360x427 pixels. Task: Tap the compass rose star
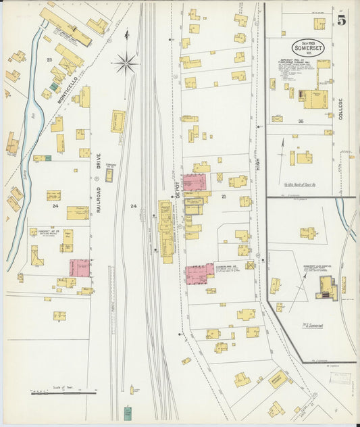click(125, 65)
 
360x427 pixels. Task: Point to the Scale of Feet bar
click(64, 391)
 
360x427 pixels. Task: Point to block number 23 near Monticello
click(49, 60)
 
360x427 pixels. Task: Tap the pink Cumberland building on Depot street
click(200, 274)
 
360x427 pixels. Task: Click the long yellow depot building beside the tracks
click(165, 230)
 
